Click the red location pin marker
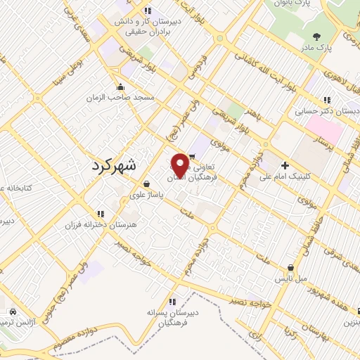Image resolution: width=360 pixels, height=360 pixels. click(x=181, y=165)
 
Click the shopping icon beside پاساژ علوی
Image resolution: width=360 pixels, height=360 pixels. click(x=145, y=184)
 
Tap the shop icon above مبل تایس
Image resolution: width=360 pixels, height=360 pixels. click(x=290, y=267)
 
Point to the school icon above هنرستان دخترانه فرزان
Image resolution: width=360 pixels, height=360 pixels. click(x=101, y=213)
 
